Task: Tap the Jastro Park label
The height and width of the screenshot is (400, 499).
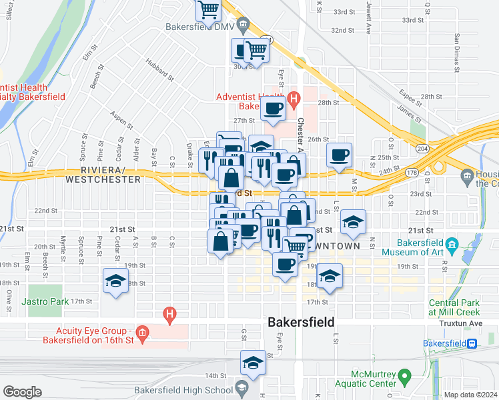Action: click(45, 301)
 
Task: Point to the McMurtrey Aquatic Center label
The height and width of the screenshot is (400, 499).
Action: click(370, 379)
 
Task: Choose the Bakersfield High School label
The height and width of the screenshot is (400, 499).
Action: click(183, 390)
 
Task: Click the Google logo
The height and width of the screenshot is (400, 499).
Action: click(23, 391)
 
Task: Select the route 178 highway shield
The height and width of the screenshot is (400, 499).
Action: click(412, 173)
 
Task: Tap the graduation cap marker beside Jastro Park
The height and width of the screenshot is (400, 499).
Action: click(115, 281)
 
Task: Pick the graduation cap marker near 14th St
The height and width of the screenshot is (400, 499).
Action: click(253, 363)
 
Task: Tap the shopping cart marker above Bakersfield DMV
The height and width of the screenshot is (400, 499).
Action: click(209, 10)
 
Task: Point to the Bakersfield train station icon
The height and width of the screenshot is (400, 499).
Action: click(472, 343)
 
